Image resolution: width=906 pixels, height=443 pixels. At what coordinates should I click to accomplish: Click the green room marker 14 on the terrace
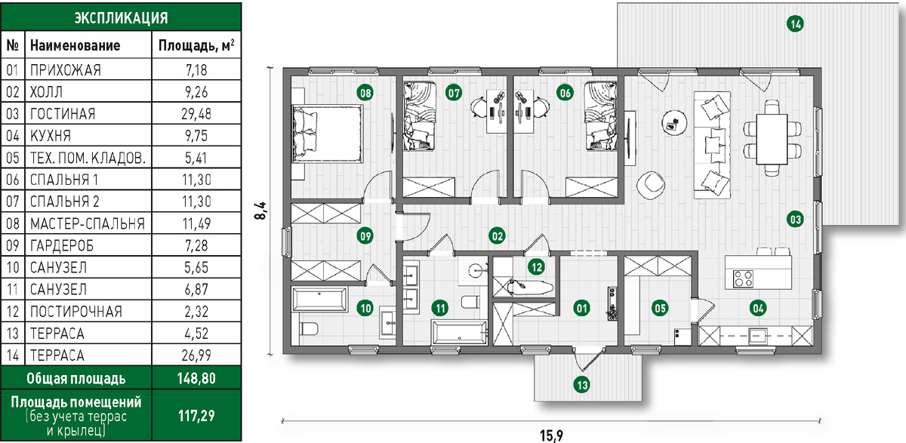tap(795, 24)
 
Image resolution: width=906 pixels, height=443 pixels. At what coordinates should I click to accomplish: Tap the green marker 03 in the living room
tap(795, 220)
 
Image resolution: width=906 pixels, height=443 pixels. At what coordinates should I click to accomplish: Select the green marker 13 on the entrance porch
tap(582, 385)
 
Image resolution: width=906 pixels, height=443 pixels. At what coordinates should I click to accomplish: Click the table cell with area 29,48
tap(196, 114)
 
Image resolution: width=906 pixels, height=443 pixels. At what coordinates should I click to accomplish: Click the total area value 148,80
tap(196, 378)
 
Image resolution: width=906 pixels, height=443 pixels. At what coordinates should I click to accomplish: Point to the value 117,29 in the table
tap(196, 416)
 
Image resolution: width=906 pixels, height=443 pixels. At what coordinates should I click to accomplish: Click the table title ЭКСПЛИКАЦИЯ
tap(121, 18)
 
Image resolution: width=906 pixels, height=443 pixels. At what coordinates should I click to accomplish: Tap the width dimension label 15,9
tap(551, 435)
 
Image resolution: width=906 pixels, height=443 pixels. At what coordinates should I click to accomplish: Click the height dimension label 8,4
tap(261, 211)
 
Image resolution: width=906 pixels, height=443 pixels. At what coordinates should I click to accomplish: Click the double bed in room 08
tap(327, 134)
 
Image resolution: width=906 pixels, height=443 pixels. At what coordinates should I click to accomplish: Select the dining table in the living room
tap(772, 139)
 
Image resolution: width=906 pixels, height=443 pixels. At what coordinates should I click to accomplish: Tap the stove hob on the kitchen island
tap(744, 278)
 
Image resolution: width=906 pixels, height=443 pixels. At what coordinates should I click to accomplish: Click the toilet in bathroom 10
tap(309, 328)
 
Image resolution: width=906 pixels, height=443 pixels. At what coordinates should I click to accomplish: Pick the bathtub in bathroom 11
tap(460, 332)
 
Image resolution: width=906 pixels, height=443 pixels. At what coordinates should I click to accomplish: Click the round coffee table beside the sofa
tap(673, 123)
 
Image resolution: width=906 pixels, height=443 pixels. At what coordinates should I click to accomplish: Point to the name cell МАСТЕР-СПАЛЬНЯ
tap(88, 223)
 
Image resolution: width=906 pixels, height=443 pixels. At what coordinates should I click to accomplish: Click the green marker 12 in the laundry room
tap(537, 266)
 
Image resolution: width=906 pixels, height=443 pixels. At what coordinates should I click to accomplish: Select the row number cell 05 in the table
tap(13, 158)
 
